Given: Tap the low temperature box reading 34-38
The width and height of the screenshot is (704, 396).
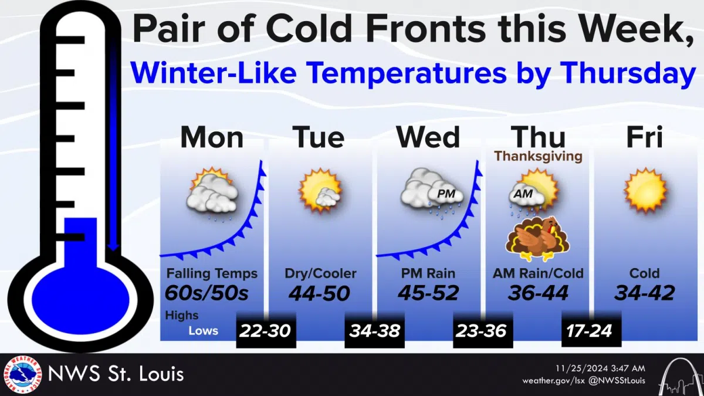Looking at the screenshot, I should click(374, 330).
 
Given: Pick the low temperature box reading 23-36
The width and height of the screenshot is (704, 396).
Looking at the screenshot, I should click(482, 330).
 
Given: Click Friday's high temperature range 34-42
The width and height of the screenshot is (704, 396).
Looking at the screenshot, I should click(644, 292).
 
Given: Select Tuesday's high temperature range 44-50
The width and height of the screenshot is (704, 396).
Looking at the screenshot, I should click(320, 292).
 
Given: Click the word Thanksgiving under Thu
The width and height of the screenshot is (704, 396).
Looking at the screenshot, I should click(538, 157).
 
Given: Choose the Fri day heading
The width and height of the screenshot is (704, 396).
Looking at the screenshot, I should click(644, 137).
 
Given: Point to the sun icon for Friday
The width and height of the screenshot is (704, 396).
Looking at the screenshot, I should click(645, 191).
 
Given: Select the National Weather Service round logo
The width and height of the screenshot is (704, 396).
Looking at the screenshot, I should click(22, 374).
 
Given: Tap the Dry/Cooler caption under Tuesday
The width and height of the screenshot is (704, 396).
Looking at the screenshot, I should click(320, 273).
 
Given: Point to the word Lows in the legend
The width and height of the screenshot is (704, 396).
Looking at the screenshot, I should click(203, 331).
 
